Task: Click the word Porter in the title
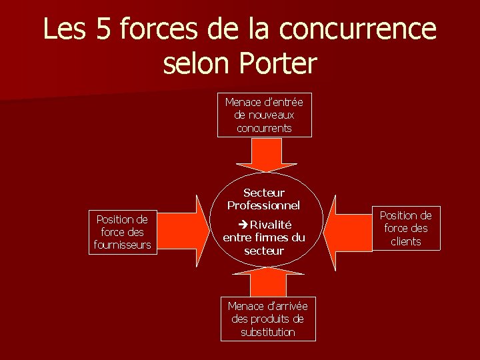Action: click(x=278, y=63)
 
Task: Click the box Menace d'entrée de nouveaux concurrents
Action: click(x=264, y=115)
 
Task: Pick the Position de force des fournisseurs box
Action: click(x=123, y=231)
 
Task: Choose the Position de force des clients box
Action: click(x=405, y=228)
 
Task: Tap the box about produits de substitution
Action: click(x=267, y=319)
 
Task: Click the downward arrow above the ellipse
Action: click(x=266, y=157)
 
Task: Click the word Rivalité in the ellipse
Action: click(x=271, y=225)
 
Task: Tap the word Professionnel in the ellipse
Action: click(x=264, y=205)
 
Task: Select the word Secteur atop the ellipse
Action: click(x=264, y=193)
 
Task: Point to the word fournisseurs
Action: click(x=123, y=245)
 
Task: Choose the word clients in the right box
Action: click(x=405, y=241)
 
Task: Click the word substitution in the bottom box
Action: click(x=267, y=332)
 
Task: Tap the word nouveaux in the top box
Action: click(x=264, y=115)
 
